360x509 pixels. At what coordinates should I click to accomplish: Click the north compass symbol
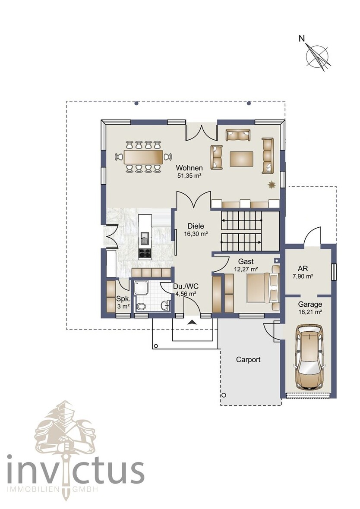(x=317, y=56)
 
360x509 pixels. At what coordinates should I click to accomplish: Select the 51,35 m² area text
(x=189, y=176)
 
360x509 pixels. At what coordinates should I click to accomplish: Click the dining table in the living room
(x=143, y=157)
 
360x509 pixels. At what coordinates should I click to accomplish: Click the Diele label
(x=196, y=226)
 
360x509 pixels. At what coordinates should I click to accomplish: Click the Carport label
(x=248, y=359)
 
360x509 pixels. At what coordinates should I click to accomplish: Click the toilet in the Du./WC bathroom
(x=141, y=307)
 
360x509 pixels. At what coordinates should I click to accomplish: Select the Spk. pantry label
(x=123, y=298)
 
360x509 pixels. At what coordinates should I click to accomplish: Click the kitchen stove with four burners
(x=145, y=253)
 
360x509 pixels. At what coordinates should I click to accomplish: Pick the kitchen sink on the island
(x=145, y=236)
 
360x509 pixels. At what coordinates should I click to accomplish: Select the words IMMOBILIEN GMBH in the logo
(x=52, y=489)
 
